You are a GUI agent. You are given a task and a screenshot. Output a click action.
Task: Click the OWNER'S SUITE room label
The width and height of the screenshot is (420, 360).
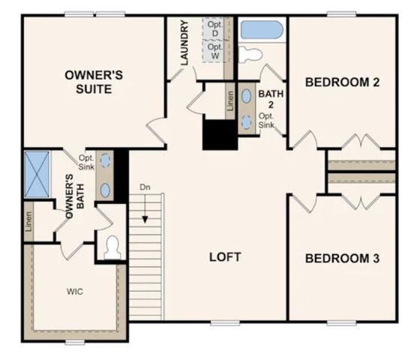88,82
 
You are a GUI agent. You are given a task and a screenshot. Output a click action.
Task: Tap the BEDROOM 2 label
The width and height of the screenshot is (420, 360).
341,82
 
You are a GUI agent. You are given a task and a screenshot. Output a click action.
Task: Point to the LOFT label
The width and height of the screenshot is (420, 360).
224,257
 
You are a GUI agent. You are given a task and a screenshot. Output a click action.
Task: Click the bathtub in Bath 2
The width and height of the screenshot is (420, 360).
262,30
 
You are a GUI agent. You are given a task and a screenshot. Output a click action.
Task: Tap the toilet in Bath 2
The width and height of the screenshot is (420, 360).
251,54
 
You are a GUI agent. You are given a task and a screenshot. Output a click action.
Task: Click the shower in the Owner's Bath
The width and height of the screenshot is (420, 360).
37,175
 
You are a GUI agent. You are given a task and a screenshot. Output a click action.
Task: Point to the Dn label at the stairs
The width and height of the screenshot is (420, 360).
145,187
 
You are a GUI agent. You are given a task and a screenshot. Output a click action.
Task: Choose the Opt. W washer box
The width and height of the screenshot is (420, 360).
214,52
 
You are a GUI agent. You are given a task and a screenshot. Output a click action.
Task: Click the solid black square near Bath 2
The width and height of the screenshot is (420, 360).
220,135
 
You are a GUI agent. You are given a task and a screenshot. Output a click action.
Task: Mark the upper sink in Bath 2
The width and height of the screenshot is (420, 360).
247,97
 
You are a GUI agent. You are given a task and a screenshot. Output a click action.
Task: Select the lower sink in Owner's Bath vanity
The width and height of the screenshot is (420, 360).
106,190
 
